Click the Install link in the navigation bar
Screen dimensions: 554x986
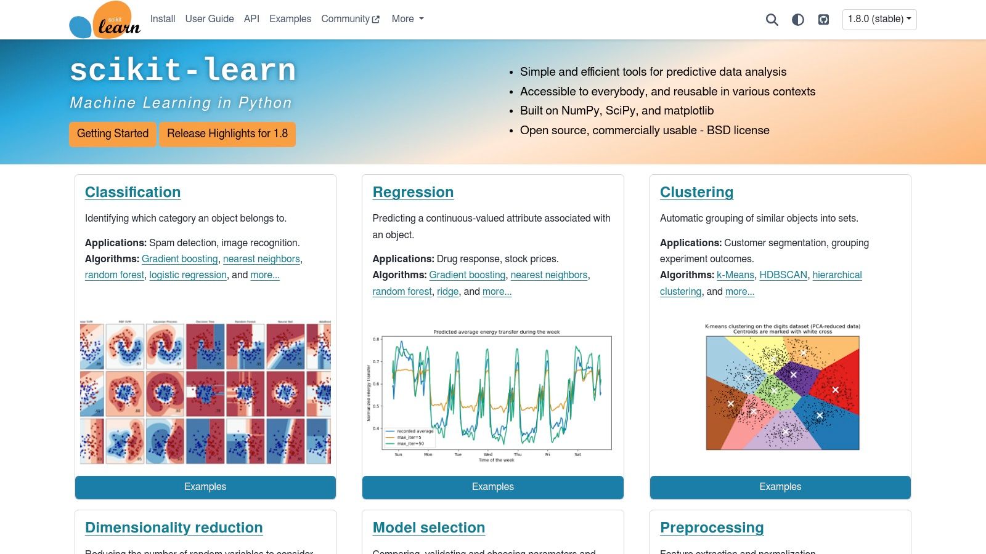[x=163, y=19]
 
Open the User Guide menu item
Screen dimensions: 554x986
[x=210, y=19]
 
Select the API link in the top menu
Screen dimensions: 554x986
[x=251, y=19]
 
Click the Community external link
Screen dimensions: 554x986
[x=350, y=19]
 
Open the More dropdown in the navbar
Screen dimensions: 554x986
[x=407, y=19]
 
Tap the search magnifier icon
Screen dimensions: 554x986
[x=772, y=20]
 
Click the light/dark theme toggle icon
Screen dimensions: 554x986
[x=798, y=20]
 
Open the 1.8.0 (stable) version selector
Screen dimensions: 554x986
[x=879, y=19]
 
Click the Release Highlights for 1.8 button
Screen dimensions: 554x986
[x=227, y=134]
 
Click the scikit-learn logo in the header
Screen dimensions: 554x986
[x=105, y=20]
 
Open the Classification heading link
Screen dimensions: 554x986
[x=132, y=192]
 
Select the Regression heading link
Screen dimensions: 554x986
[x=413, y=192]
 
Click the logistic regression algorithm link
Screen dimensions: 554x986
[x=188, y=275]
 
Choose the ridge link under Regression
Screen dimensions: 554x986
[x=447, y=292]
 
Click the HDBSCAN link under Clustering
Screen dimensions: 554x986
[x=783, y=275]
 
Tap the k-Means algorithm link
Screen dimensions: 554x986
[x=735, y=275]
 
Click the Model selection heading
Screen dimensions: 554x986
[x=429, y=528]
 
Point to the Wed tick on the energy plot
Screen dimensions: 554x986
[x=488, y=454]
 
